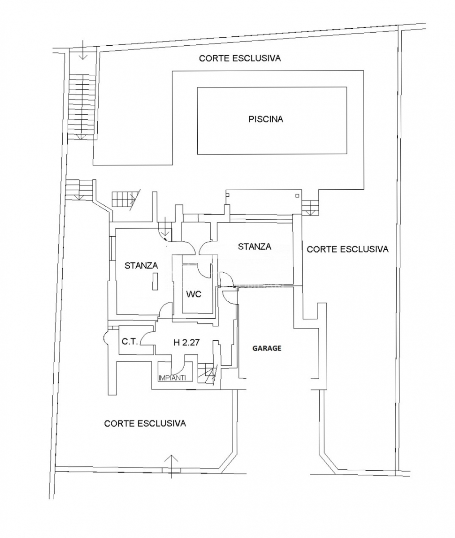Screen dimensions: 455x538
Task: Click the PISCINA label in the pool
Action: pyautogui.click(x=265, y=119)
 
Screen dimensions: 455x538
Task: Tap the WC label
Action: pyautogui.click(x=194, y=295)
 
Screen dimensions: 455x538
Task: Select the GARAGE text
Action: pyautogui.click(x=267, y=348)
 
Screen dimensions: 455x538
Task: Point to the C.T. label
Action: pyautogui.click(x=130, y=342)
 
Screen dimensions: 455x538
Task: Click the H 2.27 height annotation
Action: pyautogui.click(x=186, y=342)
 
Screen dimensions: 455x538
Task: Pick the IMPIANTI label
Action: pyautogui.click(x=172, y=377)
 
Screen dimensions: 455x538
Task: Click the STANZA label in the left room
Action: pyautogui.click(x=141, y=266)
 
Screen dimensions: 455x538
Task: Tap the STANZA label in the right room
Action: pyautogui.click(x=254, y=247)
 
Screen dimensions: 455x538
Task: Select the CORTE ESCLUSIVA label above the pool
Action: pyautogui.click(x=240, y=58)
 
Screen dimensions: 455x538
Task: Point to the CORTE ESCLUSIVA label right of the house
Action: pyautogui.click(x=347, y=249)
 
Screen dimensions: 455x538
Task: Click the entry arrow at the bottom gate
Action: pyautogui.click(x=171, y=466)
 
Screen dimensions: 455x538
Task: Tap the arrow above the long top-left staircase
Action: pyautogui.click(x=83, y=50)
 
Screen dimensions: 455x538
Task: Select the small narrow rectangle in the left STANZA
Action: pyautogui.click(x=155, y=281)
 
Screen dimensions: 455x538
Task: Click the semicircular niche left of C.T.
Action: pyautogui.click(x=105, y=338)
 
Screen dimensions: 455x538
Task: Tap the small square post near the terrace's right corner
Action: pyautogui.click(x=298, y=196)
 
